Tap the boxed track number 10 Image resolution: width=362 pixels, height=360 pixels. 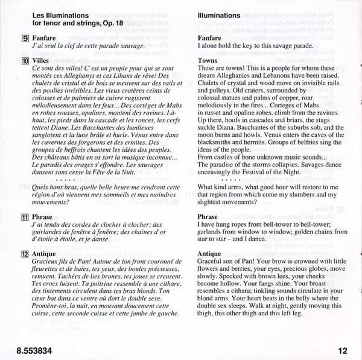pyautogui.click(x=25, y=62)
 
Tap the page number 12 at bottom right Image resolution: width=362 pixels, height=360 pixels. pyautogui.click(x=343, y=349)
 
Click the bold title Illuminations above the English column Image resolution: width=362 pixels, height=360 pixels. pyautogui.click(x=226, y=14)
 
